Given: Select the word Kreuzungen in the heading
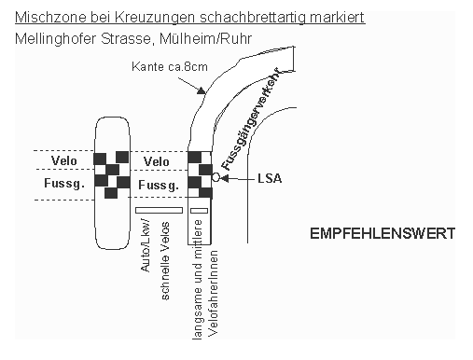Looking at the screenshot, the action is (x=141, y=18).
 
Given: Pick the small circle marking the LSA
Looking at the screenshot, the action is (x=216, y=176).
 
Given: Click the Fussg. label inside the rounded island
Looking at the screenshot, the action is (x=64, y=184).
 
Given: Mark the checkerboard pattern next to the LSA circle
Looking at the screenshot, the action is (x=201, y=174).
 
